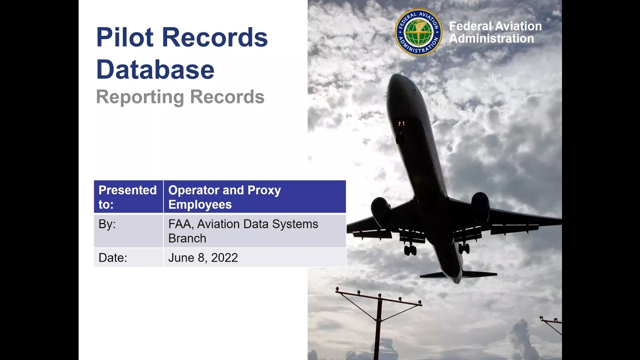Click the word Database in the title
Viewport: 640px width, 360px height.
155,69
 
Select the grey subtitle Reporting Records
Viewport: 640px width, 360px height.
180,97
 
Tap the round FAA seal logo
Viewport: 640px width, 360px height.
418,32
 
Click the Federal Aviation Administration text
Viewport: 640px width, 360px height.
495,32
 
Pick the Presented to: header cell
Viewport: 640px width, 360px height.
128,197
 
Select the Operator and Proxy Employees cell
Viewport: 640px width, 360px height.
254,197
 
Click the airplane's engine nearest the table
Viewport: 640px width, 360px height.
381,212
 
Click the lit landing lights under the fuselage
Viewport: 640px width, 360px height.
401,123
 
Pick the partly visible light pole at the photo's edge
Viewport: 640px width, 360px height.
552,323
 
